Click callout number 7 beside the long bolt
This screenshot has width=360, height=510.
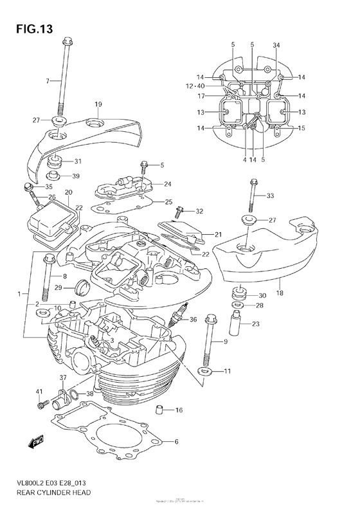[x=48, y=80]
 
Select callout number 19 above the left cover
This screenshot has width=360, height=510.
[x=98, y=104]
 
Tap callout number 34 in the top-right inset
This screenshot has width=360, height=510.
[x=276, y=44]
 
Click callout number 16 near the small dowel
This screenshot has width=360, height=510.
[x=179, y=410]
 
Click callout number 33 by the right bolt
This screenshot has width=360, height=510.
[x=270, y=196]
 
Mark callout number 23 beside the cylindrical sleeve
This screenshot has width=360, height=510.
[x=255, y=323]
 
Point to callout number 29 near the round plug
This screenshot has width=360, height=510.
[x=58, y=287]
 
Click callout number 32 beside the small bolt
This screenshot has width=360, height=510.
[x=199, y=211]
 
